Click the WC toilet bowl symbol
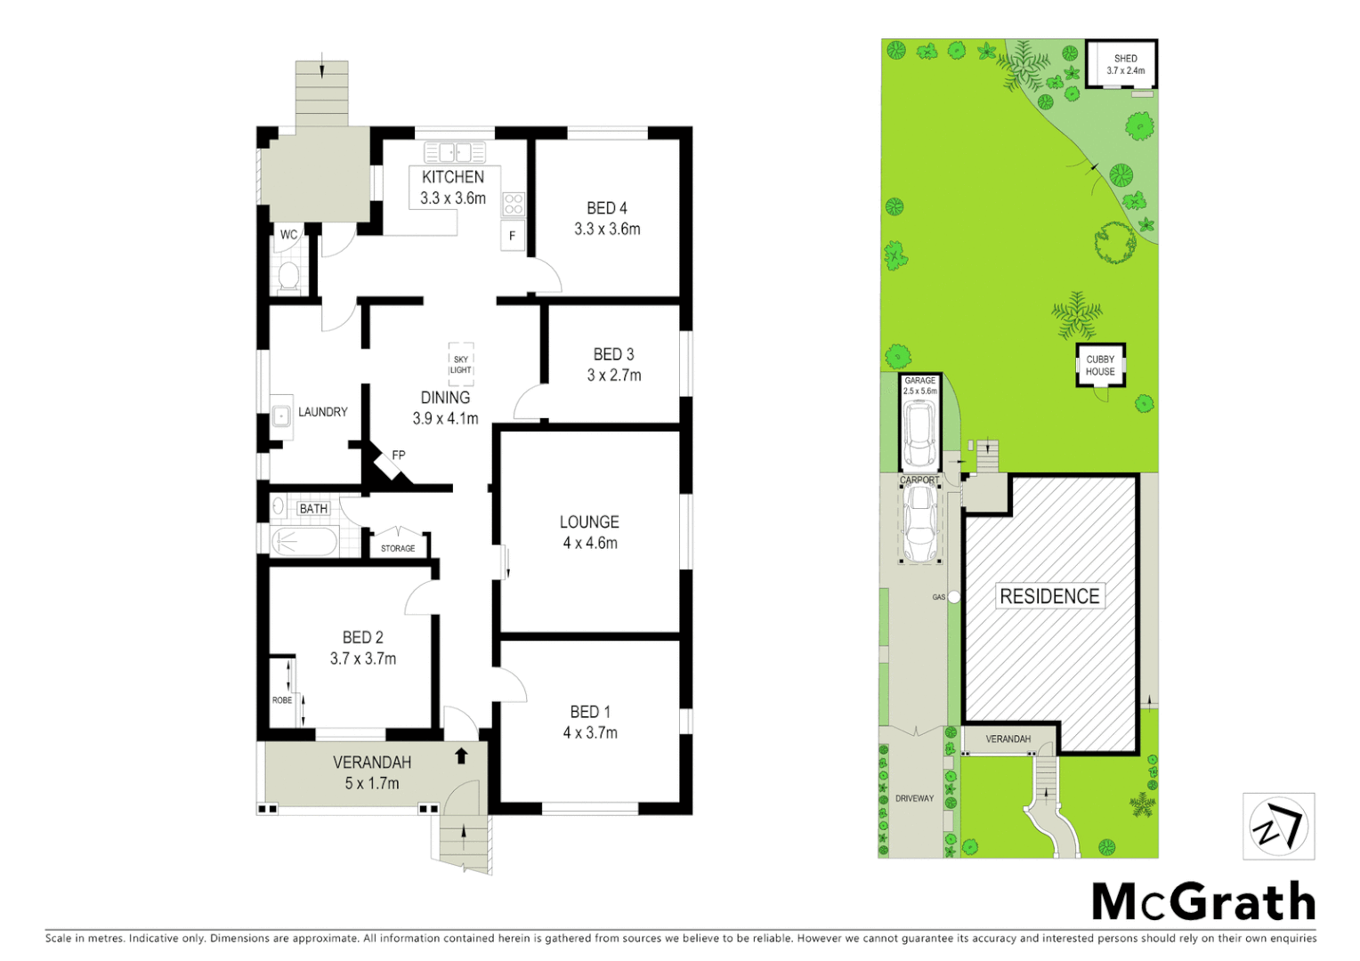[288, 276]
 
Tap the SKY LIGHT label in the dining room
[460, 365]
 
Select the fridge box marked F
[512, 236]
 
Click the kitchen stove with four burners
[514, 204]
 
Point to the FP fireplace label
[398, 456]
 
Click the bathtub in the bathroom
[304, 540]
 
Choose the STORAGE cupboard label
[398, 548]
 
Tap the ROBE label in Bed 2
[282, 700]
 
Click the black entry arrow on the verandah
[461, 756]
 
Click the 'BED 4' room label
[607, 208]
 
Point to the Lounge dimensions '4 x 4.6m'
[590, 543]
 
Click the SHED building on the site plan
[1121, 64]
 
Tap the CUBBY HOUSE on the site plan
[1100, 366]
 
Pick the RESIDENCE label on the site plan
[1049, 596]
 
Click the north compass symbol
[1278, 827]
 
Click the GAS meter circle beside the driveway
[954, 597]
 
